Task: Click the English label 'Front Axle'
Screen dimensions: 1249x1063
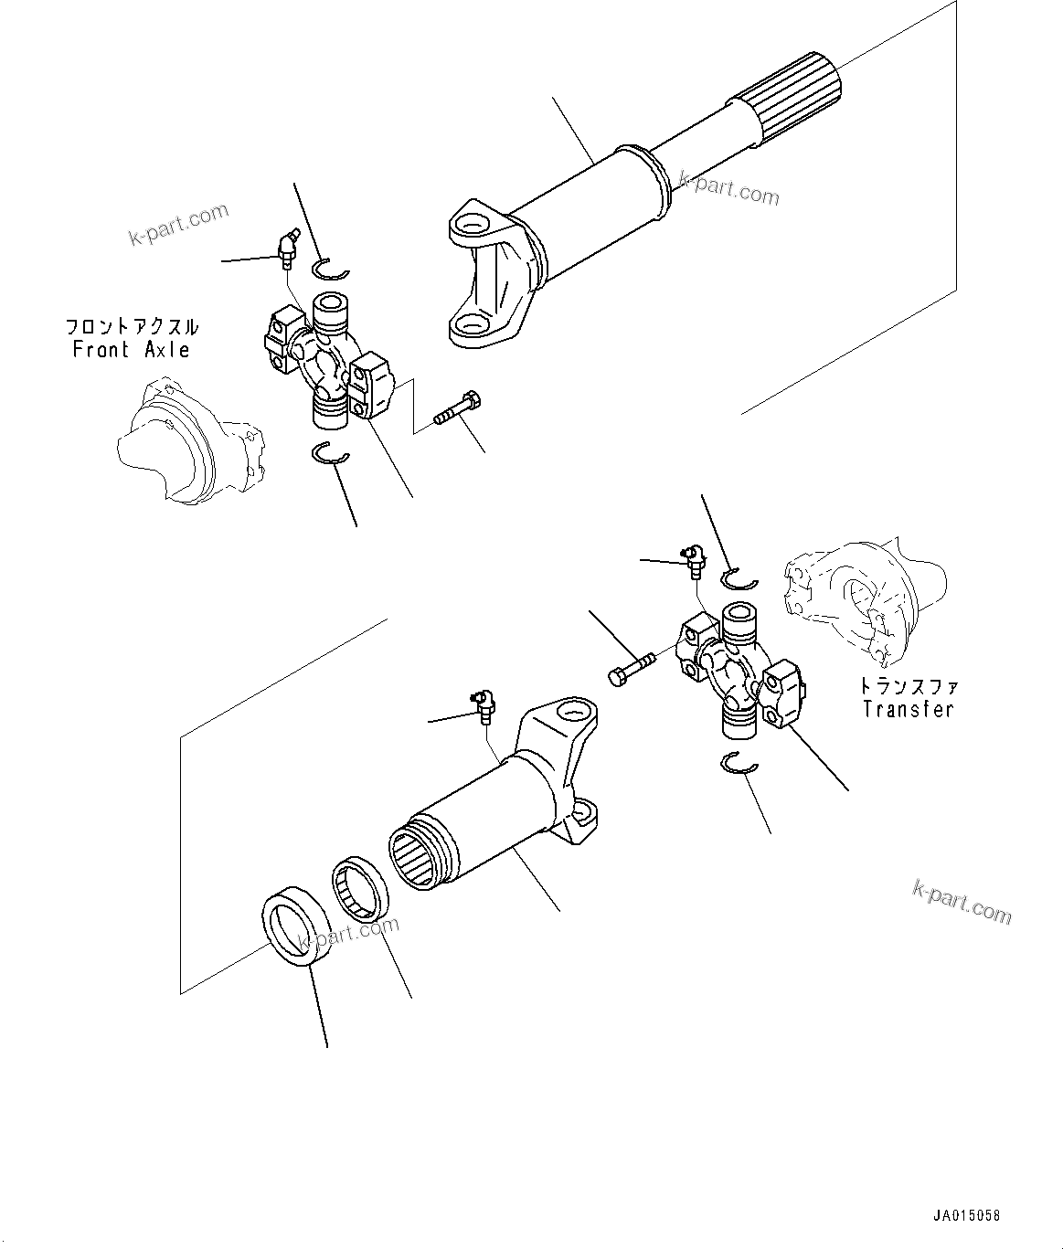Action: (x=131, y=350)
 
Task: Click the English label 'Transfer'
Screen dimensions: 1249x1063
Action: (x=908, y=709)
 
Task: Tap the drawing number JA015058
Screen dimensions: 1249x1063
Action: (x=967, y=1216)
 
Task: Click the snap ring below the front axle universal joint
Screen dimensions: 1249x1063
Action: (x=330, y=453)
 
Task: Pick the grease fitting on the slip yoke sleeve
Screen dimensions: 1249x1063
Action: (x=483, y=705)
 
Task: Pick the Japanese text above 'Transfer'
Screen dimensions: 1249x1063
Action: (x=908, y=686)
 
